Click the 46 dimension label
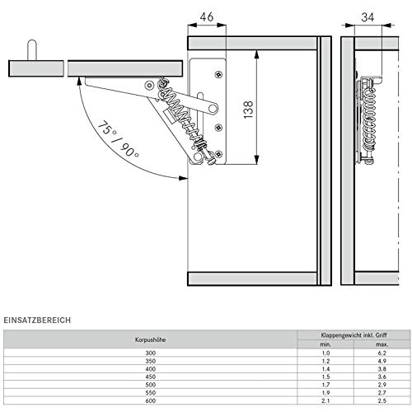(x=207, y=17)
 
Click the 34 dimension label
(x=368, y=17)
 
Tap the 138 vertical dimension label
(x=248, y=110)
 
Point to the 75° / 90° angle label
(x=118, y=139)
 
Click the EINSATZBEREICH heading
(x=37, y=320)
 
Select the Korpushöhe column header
(x=150, y=339)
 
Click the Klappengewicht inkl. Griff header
(x=353, y=335)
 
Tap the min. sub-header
(x=325, y=344)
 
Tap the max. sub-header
(x=382, y=344)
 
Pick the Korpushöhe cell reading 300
(x=151, y=353)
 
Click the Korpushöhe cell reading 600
(x=151, y=400)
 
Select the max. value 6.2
(x=382, y=353)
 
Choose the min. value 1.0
(x=325, y=353)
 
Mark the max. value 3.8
(x=382, y=369)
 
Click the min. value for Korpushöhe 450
(x=325, y=377)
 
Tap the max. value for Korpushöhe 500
(x=382, y=385)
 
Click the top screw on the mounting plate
(x=218, y=74)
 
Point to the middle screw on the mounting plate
(x=218, y=128)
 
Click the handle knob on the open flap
(x=32, y=50)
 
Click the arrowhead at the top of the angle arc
(x=80, y=82)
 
